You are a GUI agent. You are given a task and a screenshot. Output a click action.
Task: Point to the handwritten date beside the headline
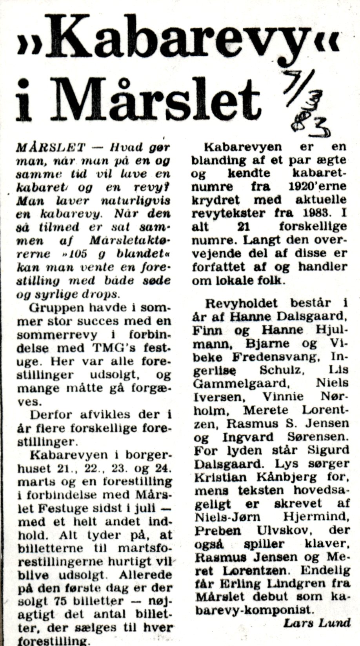(x=309, y=108)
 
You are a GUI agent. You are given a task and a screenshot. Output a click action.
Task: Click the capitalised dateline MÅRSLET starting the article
(x=51, y=147)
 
